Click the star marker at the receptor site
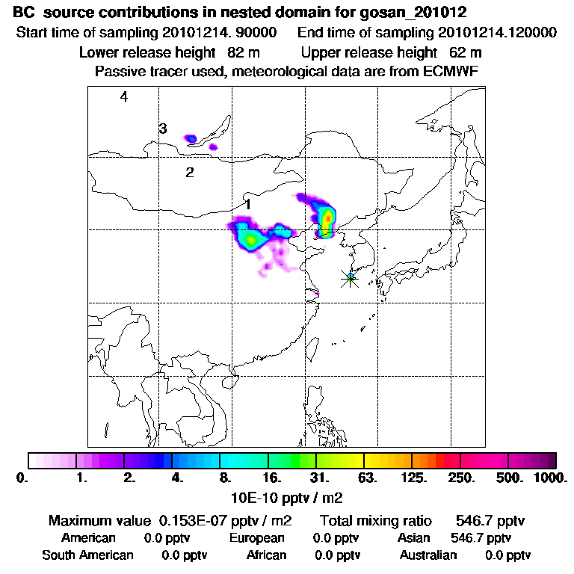pyautogui.click(x=350, y=278)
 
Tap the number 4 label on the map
pyautogui.click(x=124, y=96)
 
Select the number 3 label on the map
pyautogui.click(x=163, y=129)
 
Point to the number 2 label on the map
pyautogui.click(x=190, y=173)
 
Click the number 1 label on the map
pyautogui.click(x=247, y=203)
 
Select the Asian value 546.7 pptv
pyautogui.click(x=481, y=537)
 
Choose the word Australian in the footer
pyautogui.click(x=428, y=555)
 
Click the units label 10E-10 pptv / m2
pyautogui.click(x=288, y=496)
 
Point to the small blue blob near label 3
pyautogui.click(x=191, y=138)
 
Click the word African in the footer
pyautogui.click(x=267, y=555)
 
